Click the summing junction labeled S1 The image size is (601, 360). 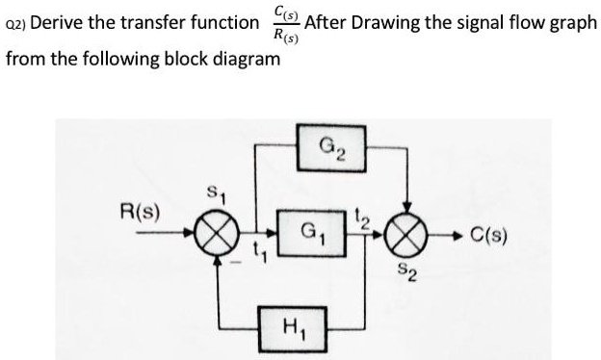(205, 233)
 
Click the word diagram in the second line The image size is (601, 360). (245, 59)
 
